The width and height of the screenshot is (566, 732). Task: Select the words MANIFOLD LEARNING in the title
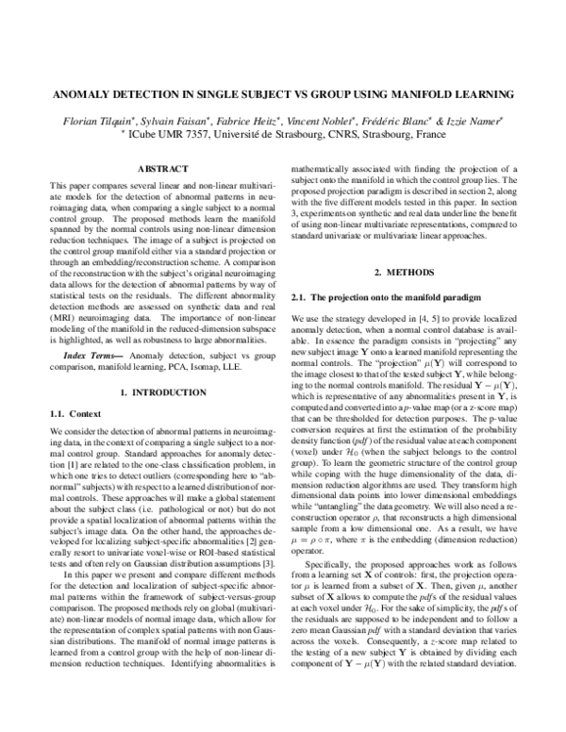coord(450,95)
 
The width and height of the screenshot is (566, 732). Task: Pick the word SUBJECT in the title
coord(257,95)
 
